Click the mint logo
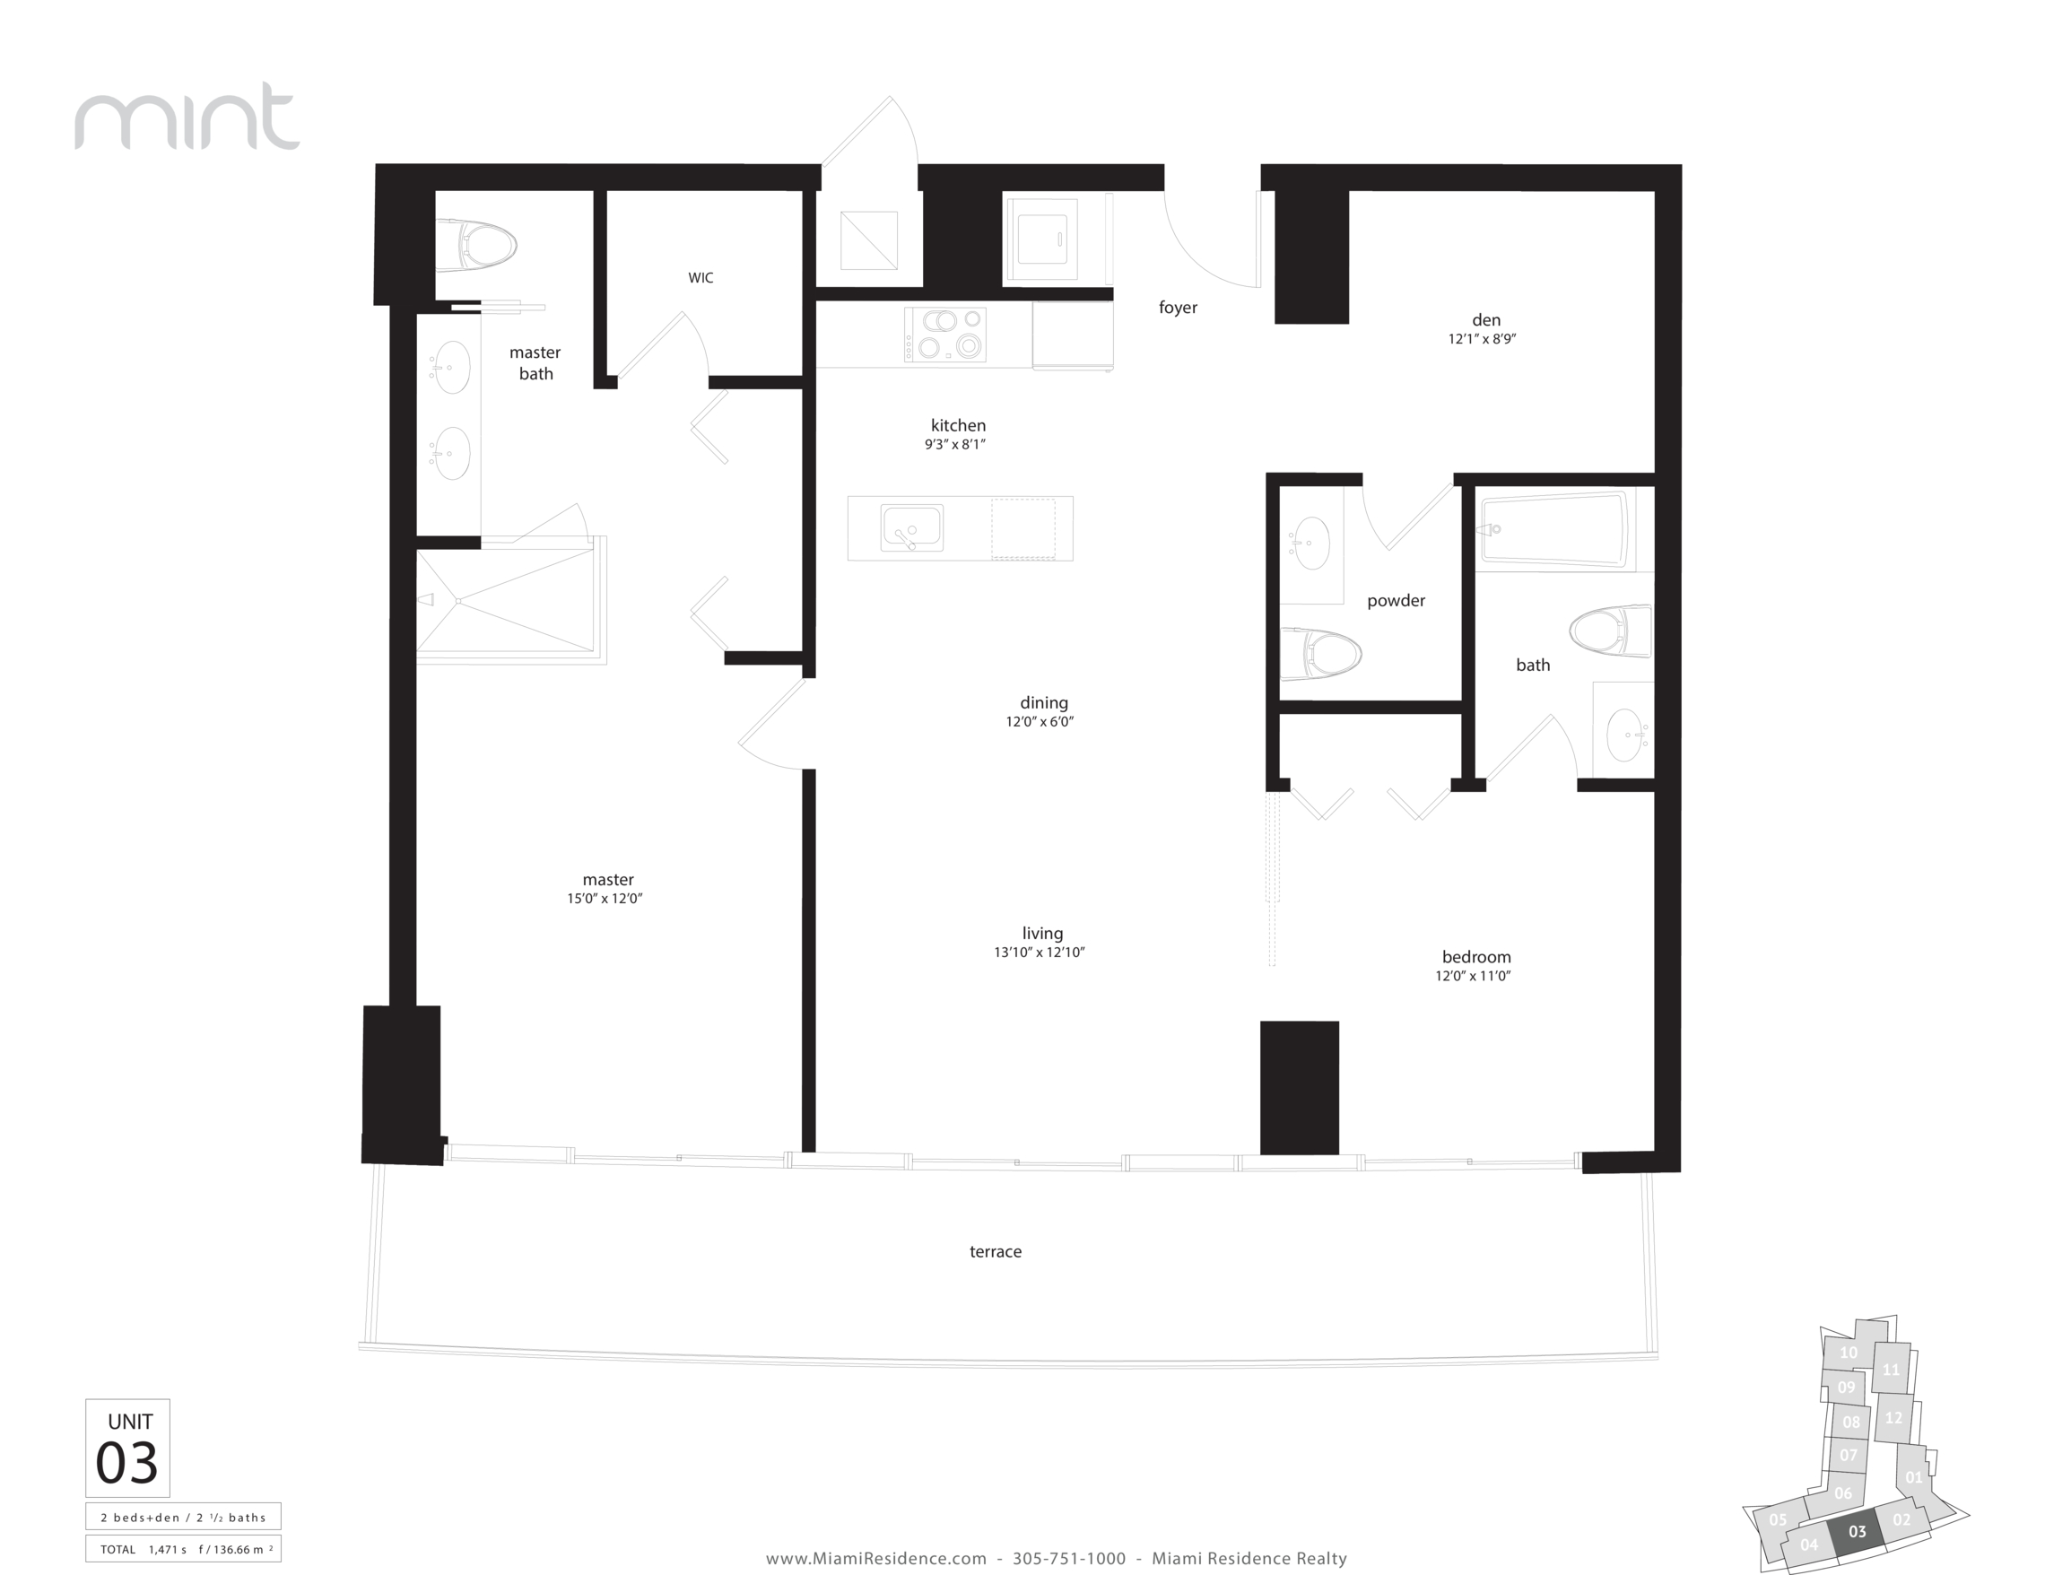(x=187, y=116)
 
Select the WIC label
(x=701, y=278)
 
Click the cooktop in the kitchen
(x=944, y=335)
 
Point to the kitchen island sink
(x=912, y=528)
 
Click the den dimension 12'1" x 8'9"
(x=1483, y=339)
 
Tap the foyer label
(x=1178, y=307)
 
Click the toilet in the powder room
(x=1320, y=654)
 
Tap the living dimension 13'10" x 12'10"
(x=1040, y=953)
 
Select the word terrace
(x=996, y=1251)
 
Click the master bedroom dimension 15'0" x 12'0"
(x=605, y=899)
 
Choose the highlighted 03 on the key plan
(x=1857, y=1531)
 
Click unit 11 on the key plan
(x=1891, y=1370)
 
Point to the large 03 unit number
(x=127, y=1462)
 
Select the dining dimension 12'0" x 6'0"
(x=1040, y=722)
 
